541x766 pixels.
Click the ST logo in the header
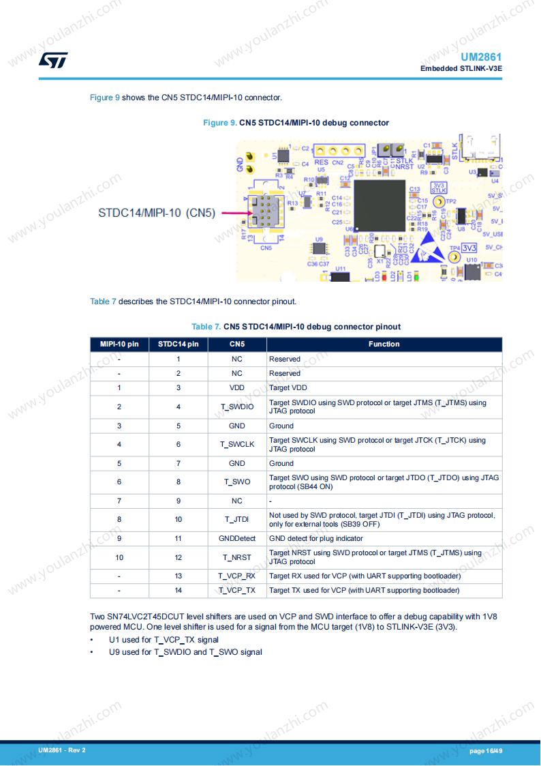52,61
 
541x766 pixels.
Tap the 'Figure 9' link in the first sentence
105,98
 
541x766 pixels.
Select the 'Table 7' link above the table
103,301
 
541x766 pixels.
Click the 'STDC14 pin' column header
178,344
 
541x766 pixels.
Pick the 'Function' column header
384,344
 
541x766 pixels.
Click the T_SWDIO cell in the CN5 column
236,407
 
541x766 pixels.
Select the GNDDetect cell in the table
236,539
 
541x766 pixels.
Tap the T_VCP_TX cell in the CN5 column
236,591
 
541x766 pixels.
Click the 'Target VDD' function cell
288,388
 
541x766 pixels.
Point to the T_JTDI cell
236,520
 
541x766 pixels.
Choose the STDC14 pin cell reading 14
179,591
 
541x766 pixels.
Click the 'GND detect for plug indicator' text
315,539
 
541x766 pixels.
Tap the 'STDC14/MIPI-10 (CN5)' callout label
156,213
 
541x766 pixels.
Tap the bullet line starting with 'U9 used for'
185,652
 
